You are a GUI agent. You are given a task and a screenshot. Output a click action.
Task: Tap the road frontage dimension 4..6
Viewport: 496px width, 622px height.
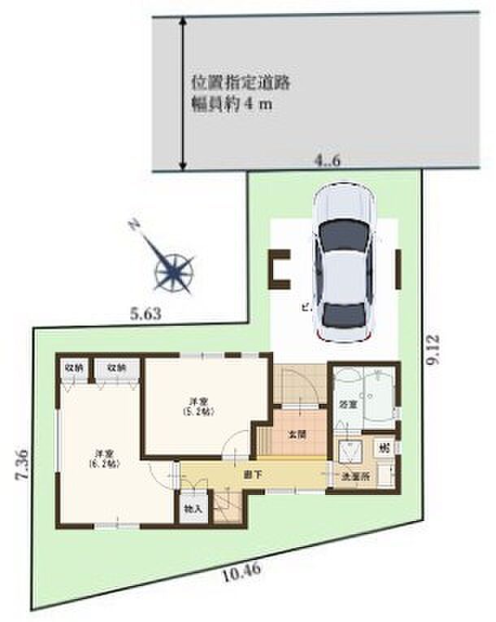point(328,162)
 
